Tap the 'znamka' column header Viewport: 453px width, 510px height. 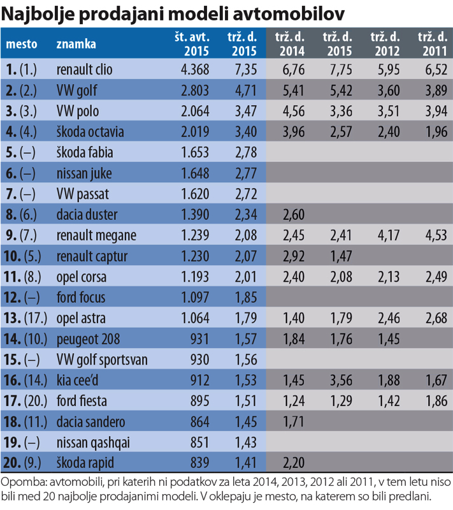tap(76, 44)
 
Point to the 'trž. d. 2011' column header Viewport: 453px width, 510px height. tap(433, 44)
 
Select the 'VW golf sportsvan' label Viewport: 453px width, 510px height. tap(102, 360)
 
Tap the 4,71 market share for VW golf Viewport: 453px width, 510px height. tap(243, 89)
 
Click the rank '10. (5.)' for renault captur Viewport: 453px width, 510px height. tap(24, 256)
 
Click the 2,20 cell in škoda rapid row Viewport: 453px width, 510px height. tap(291, 463)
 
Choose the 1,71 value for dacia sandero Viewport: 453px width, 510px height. tap(291, 422)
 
